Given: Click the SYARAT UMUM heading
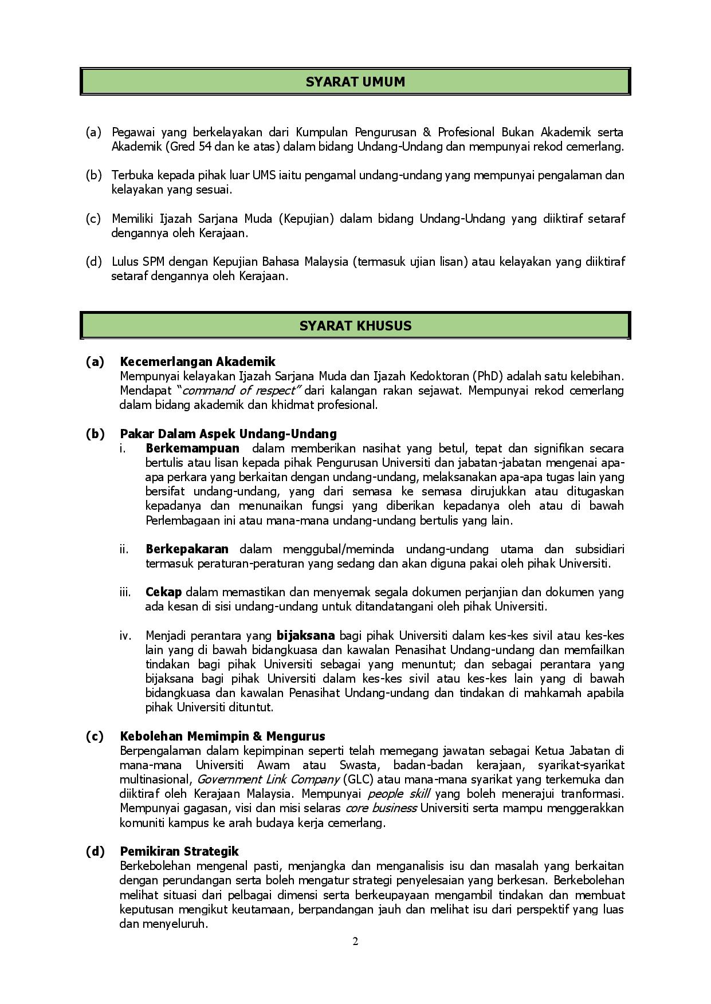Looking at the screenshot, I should [x=355, y=82].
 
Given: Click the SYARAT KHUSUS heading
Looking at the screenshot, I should [x=355, y=326].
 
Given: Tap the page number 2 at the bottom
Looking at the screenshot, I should [x=355, y=942].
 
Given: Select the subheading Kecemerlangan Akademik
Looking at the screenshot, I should [x=198, y=362].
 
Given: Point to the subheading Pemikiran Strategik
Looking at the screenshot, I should [x=179, y=851].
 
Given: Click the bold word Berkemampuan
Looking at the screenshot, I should [x=193, y=448].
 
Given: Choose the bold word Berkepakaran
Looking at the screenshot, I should [x=187, y=549].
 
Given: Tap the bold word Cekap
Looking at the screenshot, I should [x=163, y=592].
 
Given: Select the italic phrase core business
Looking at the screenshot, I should [x=380, y=808].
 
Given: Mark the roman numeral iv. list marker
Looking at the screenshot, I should [x=125, y=636].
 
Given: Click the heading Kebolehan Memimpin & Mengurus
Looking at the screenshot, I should [x=222, y=737].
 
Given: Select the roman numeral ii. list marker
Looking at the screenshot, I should [x=124, y=549].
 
